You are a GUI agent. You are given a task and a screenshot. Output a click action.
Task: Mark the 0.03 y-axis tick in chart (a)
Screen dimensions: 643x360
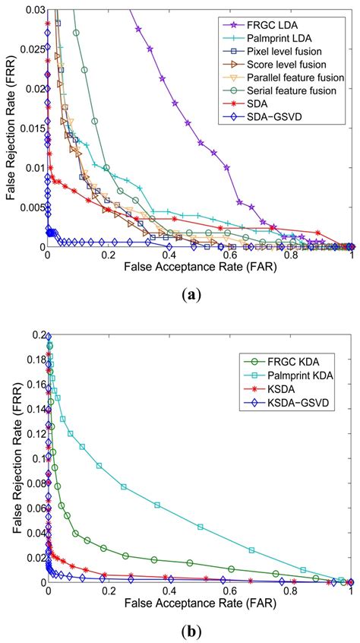coord(31,9)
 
